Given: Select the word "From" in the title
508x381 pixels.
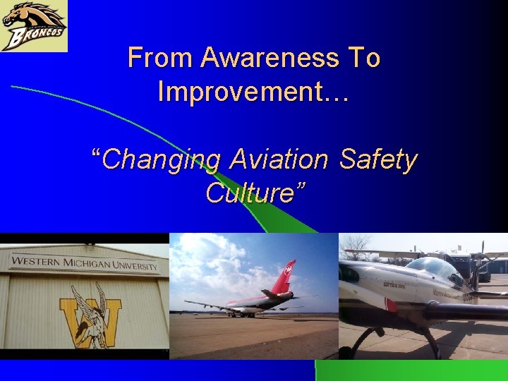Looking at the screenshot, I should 160,58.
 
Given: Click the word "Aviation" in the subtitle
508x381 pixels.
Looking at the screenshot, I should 279,159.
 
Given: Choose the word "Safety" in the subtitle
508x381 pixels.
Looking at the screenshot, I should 378,159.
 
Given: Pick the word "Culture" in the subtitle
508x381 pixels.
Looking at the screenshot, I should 250,193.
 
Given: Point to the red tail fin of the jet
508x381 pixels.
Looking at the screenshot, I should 283,277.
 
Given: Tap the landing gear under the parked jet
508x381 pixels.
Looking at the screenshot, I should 233,313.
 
